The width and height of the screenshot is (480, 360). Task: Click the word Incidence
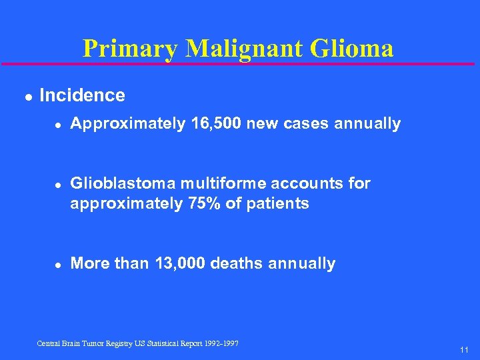82,95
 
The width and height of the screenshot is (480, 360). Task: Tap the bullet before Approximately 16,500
57,125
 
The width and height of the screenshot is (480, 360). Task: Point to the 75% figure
202,203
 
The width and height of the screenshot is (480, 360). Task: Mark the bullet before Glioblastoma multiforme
57,184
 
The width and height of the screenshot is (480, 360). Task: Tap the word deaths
237,263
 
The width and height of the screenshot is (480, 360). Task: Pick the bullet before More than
57,264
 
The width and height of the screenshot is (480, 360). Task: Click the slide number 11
464,349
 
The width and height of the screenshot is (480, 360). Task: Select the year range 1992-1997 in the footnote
223,343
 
